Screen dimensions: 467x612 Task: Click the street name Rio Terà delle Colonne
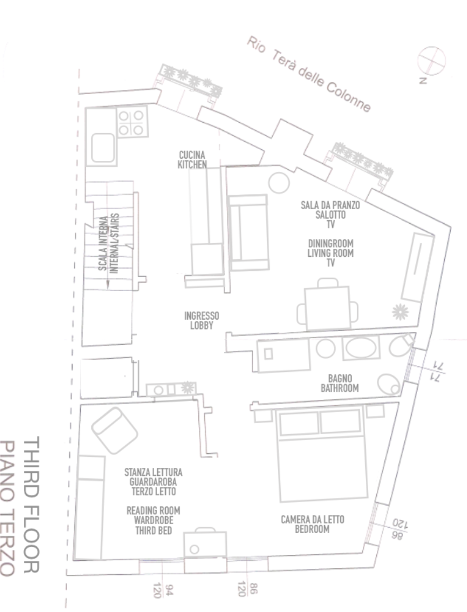pyautogui.click(x=308, y=74)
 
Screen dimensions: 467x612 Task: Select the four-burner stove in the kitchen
pyautogui.click(x=132, y=122)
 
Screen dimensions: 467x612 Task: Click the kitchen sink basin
pyautogui.click(x=103, y=148)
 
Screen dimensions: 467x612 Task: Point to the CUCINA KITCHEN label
pyautogui.click(x=192, y=160)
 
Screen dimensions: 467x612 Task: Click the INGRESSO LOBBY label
pyautogui.click(x=201, y=320)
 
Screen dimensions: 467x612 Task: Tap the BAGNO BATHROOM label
pyautogui.click(x=340, y=383)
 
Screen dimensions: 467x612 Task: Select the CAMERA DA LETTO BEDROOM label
pyautogui.click(x=312, y=524)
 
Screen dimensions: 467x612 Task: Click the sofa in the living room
pyautogui.click(x=248, y=232)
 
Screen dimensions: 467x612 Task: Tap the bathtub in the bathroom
pyautogui.click(x=361, y=348)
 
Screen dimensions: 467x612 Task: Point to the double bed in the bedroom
pyautogui.click(x=322, y=453)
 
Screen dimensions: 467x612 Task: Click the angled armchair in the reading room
pyautogui.click(x=115, y=430)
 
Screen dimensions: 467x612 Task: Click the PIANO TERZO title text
pyautogui.click(x=8, y=508)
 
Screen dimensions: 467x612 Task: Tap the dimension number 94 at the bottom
pyautogui.click(x=169, y=589)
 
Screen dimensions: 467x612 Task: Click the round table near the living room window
pyautogui.click(x=279, y=182)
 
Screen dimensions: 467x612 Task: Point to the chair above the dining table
pyautogui.click(x=327, y=282)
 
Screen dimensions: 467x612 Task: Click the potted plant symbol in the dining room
pyautogui.click(x=400, y=312)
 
